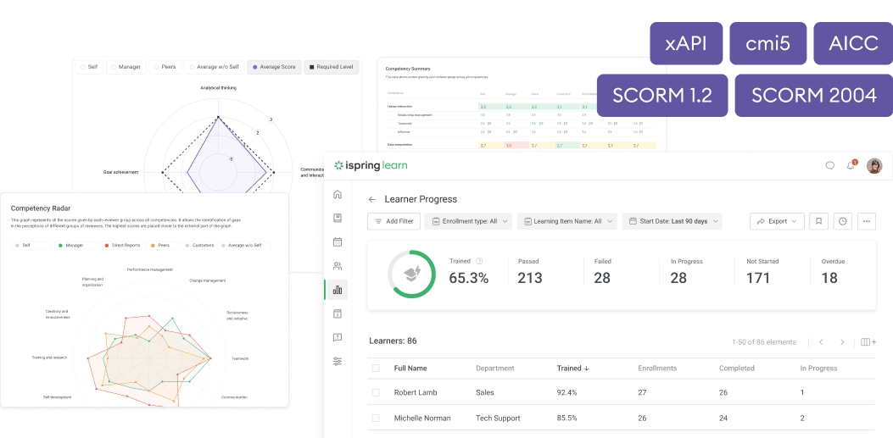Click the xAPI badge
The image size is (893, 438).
686,43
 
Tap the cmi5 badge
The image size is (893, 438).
767,43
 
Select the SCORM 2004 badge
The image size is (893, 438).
813,95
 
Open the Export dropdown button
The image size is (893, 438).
777,221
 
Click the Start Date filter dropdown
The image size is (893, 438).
672,221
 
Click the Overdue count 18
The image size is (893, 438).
829,278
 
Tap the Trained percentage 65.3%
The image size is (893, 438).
469,278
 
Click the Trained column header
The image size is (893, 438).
572,369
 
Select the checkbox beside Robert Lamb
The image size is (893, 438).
376,393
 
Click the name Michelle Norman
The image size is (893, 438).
422,419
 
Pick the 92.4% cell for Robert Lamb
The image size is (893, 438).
568,393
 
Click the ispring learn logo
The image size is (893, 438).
371,166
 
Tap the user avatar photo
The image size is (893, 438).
874,166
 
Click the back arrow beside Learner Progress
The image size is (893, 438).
371,200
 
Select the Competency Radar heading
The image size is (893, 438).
41,207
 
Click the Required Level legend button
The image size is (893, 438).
330,67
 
